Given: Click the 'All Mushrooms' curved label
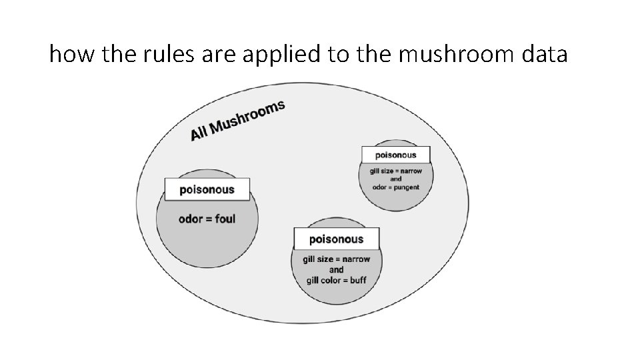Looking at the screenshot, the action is tap(237, 120).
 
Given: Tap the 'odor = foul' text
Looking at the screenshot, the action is tap(207, 219).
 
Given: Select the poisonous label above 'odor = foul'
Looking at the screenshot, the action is tap(207, 189).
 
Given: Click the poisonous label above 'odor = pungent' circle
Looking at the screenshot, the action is tap(395, 155).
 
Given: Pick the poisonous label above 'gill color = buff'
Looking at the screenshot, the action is tap(337, 239).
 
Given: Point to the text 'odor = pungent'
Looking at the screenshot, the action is tap(395, 187).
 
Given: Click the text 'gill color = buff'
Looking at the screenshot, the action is tap(336, 280).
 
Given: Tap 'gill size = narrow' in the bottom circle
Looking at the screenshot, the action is tap(336, 259).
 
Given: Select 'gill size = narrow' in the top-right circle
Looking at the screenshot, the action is tap(395, 171).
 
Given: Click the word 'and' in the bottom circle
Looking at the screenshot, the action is tap(336, 269).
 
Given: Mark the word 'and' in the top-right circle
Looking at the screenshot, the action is tap(395, 179).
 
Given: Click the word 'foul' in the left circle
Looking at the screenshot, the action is tap(225, 219).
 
